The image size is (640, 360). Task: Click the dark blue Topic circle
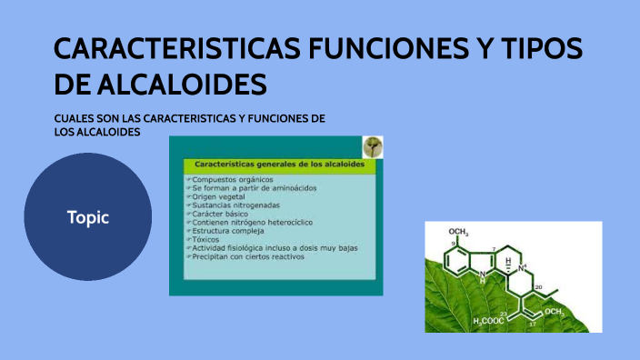tap(87, 217)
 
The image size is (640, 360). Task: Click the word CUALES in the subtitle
tap(74, 119)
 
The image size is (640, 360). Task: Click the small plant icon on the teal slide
tap(372, 147)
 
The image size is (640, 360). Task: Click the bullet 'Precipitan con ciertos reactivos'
tap(247, 257)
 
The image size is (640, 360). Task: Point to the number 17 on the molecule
tap(532, 323)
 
